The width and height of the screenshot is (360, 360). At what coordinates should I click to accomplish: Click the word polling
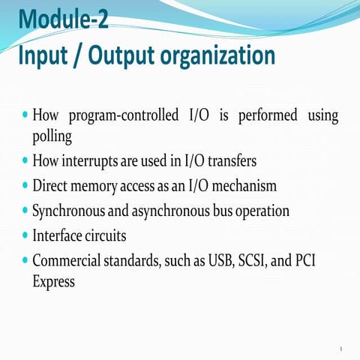pos(52,136)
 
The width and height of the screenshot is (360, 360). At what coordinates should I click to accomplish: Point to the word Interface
pos(56,235)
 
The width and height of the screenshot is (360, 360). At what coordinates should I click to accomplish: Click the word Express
pos(54,281)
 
